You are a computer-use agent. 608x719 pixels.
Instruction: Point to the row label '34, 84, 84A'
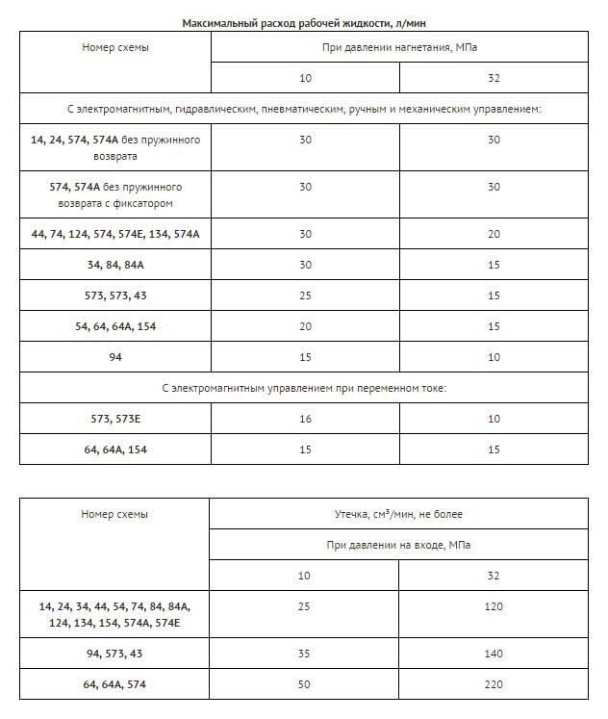[114, 265]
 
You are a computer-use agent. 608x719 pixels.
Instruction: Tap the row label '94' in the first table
[114, 357]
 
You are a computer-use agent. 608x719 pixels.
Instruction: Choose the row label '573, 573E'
[114, 419]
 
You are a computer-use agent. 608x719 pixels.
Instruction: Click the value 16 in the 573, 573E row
[305, 419]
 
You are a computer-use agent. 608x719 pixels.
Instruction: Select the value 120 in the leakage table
[494, 606]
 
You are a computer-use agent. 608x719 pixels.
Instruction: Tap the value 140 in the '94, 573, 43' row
[494, 653]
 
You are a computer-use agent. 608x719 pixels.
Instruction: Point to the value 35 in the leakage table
[305, 653]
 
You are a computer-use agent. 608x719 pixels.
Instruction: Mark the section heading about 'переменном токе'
[304, 388]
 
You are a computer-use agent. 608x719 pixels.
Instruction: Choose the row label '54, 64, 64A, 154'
[114, 326]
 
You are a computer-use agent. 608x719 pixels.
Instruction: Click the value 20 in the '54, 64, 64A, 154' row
[305, 326]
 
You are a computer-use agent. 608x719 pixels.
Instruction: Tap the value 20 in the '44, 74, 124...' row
[494, 234]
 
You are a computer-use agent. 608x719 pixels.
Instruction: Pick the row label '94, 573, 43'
[114, 653]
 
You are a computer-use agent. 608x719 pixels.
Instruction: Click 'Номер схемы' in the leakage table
[114, 514]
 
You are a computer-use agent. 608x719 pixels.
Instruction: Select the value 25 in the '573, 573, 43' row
[305, 295]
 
